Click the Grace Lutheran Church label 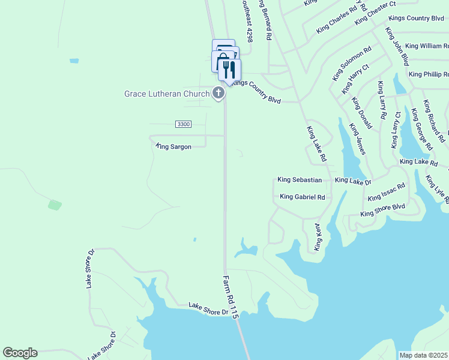pyautogui.click(x=166, y=94)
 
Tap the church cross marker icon pyautogui.click(x=218, y=93)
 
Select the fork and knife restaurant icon pyautogui.click(x=229, y=70)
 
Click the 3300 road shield pyautogui.click(x=183, y=124)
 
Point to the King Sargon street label pyautogui.click(x=173, y=146)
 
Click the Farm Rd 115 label pyautogui.click(x=231, y=296)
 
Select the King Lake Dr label pyautogui.click(x=353, y=180)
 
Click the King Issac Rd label pyautogui.click(x=386, y=193)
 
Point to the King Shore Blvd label pyautogui.click(x=383, y=210)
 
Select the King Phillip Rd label pyautogui.click(x=429, y=74)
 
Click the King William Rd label pyautogui.click(x=427, y=46)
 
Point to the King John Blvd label pyautogui.click(x=397, y=46)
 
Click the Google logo pyautogui.click(x=20, y=353)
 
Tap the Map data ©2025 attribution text pyautogui.click(x=423, y=355)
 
